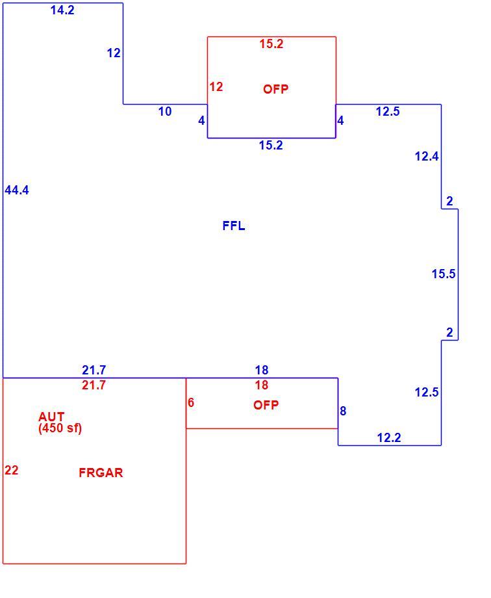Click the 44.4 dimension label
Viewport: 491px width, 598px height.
(x=17, y=190)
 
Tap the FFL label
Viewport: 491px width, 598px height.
(x=234, y=226)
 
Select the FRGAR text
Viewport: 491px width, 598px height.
(x=101, y=473)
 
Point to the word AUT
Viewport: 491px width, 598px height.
(x=51, y=417)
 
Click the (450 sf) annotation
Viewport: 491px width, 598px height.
(x=60, y=428)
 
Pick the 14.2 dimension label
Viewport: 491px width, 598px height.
(x=62, y=10)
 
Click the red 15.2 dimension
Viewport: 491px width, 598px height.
(x=271, y=44)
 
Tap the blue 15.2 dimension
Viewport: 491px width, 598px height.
(x=271, y=146)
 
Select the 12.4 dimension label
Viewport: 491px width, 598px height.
(x=427, y=157)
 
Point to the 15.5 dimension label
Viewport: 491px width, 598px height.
(x=444, y=274)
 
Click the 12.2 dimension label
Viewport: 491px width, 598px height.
(x=389, y=438)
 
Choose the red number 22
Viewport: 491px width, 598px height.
(x=12, y=470)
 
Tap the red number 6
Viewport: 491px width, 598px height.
(x=191, y=403)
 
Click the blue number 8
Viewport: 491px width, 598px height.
(x=343, y=411)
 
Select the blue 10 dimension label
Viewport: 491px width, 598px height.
(x=165, y=112)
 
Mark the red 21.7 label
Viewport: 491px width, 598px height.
(x=94, y=385)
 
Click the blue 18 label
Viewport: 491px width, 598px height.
(x=262, y=370)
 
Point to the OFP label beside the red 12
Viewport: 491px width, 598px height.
(x=275, y=89)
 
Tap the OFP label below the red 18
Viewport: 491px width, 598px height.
(x=266, y=405)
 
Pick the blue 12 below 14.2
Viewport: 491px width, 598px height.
(x=114, y=53)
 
